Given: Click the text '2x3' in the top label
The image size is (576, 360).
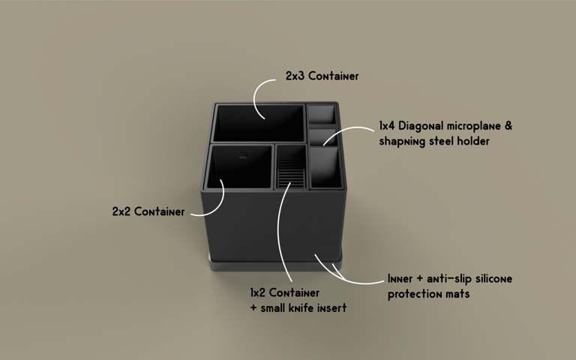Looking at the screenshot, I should point(295,76).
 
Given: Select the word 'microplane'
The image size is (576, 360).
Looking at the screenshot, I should point(472,126).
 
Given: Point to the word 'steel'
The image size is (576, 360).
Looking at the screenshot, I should point(440,141).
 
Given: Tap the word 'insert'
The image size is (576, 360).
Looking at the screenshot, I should point(332,307).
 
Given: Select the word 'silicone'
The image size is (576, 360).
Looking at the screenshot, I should point(490,279).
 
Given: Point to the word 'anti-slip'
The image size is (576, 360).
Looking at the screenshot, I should point(445,279).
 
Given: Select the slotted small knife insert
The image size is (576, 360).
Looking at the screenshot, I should point(291,169).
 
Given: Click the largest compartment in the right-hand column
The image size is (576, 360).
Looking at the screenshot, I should point(325,167).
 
